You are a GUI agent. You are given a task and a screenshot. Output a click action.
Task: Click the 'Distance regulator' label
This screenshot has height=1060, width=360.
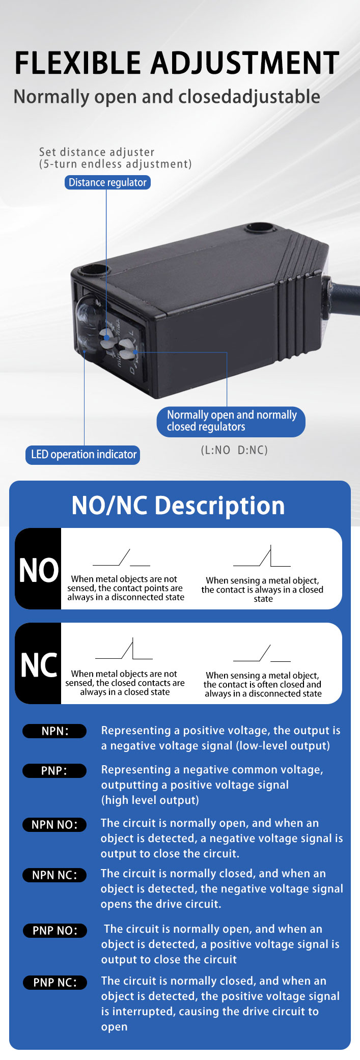tap(107, 182)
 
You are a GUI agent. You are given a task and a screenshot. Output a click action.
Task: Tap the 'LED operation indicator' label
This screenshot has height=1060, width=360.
tap(82, 454)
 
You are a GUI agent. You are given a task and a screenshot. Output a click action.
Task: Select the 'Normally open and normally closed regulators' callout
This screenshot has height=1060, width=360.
tap(231, 421)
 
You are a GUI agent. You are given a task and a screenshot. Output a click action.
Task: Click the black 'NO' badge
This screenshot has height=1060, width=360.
tap(38, 569)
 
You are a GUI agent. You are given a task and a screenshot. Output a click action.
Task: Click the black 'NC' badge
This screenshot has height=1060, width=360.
tap(38, 663)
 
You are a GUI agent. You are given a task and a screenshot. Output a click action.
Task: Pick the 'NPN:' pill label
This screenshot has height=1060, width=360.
tap(54, 731)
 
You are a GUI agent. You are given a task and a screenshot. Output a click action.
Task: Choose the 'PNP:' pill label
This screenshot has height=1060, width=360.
tap(54, 771)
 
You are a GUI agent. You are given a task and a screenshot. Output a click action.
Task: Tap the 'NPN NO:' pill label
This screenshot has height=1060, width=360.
tap(54, 825)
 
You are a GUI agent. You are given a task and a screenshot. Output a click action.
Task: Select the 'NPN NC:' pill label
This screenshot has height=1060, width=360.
tap(54, 875)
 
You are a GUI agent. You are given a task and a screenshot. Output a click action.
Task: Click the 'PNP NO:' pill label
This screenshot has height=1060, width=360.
tap(54, 931)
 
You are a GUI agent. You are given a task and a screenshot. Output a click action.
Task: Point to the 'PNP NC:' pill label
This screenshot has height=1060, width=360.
tap(54, 983)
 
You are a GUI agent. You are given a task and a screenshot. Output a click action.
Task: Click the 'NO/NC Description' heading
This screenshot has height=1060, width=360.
tap(178, 506)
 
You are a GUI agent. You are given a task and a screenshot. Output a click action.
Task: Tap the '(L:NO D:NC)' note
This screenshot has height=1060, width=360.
tap(234, 450)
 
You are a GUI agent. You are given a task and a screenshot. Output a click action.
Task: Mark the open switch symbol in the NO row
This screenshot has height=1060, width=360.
tap(121, 559)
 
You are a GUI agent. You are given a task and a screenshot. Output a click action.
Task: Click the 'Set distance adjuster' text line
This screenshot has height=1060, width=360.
tap(97, 152)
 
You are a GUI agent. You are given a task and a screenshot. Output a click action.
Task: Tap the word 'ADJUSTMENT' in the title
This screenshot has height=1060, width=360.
tap(245, 63)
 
